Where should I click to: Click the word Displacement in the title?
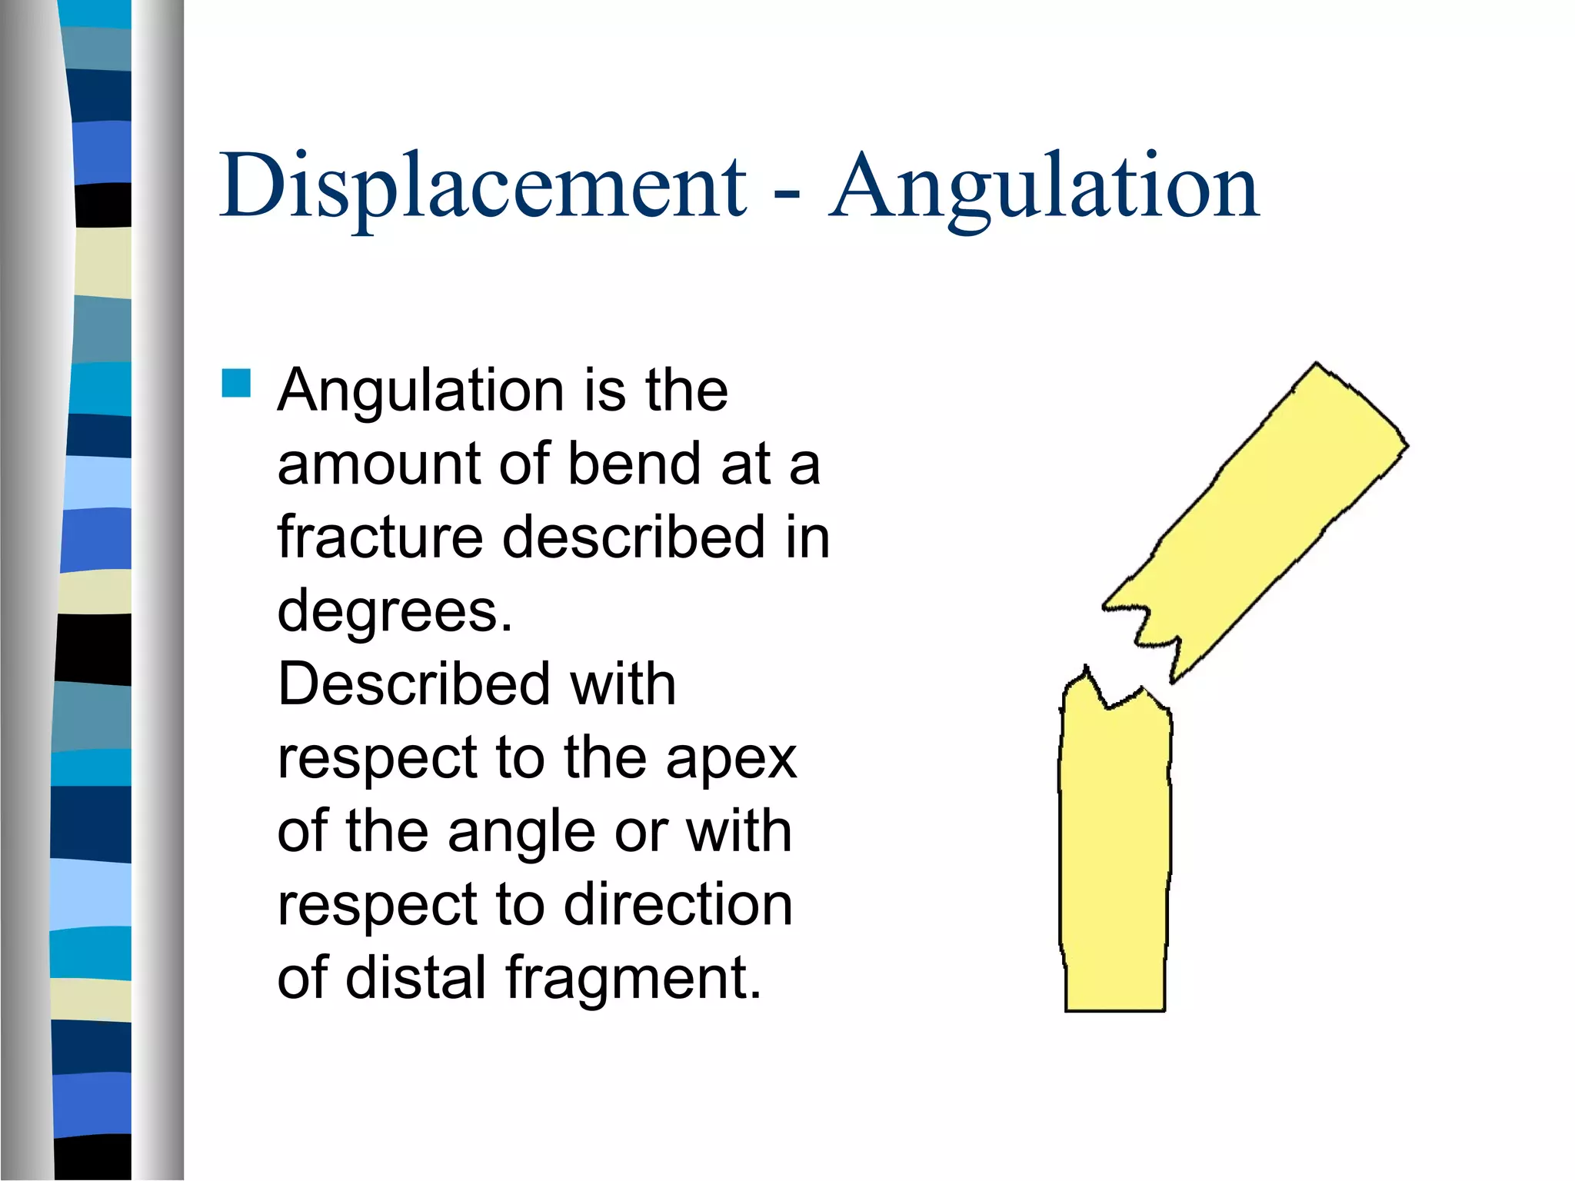[483, 187]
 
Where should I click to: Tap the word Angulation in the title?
[1044, 187]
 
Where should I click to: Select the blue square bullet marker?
[236, 383]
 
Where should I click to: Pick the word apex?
[731, 760]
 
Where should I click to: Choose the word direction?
[678, 904]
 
